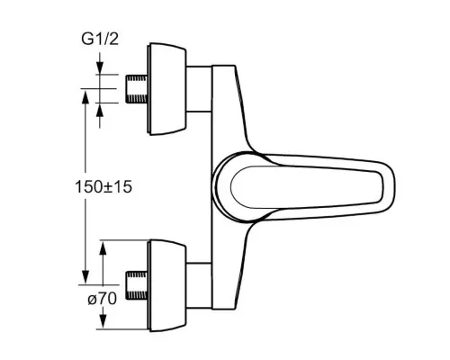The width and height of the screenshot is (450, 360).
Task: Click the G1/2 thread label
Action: [x=100, y=39]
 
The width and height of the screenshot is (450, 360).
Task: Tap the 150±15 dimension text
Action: [x=103, y=187]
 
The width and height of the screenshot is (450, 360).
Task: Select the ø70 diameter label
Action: [x=103, y=299]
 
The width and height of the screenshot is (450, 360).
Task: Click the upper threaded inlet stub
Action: [x=136, y=89]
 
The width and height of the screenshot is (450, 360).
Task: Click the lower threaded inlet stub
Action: [x=136, y=285]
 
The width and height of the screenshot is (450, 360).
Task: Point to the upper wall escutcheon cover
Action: [x=166, y=89]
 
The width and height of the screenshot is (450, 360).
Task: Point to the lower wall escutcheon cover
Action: [x=166, y=285]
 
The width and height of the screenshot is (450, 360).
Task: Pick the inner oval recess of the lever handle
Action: [x=307, y=186]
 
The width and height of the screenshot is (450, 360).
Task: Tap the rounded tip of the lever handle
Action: [x=391, y=186]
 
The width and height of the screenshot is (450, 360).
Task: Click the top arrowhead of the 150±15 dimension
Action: [x=85, y=96]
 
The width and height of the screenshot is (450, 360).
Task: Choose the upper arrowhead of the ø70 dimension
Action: [x=103, y=247]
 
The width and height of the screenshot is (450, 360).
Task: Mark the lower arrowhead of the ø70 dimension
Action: [x=103, y=321]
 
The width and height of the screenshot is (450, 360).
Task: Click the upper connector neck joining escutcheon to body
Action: [x=199, y=89]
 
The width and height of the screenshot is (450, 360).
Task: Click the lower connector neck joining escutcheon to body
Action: [x=199, y=285]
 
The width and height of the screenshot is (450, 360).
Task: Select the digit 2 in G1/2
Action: [x=113, y=39]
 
